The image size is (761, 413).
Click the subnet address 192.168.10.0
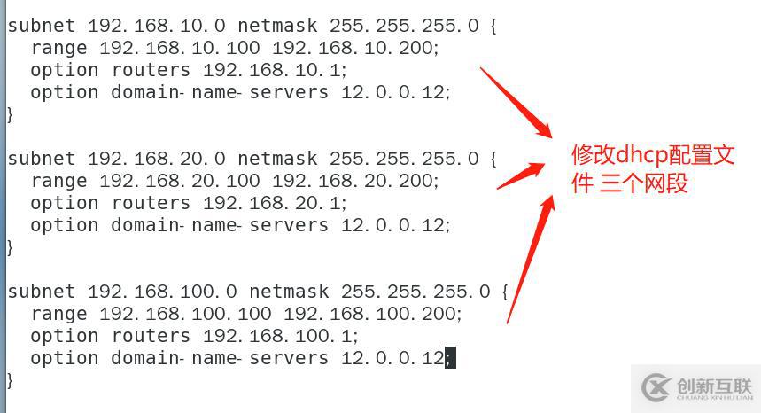coord(157,26)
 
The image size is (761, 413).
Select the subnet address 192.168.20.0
coord(157,159)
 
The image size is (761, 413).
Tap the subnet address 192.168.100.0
coord(162,292)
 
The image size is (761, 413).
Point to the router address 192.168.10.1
coord(274,70)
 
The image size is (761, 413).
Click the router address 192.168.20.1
coord(274,203)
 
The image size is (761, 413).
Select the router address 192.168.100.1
coord(280,336)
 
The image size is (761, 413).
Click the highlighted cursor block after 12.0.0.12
coord(450,358)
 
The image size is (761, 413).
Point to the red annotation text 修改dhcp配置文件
coord(653,156)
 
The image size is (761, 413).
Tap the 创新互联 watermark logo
coord(696,388)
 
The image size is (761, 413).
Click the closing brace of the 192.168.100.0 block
coord(11,380)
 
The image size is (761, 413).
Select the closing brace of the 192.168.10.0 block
coord(11,114)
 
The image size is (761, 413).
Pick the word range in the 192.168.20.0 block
coord(58,181)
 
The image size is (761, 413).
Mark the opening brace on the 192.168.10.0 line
coord(493,26)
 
